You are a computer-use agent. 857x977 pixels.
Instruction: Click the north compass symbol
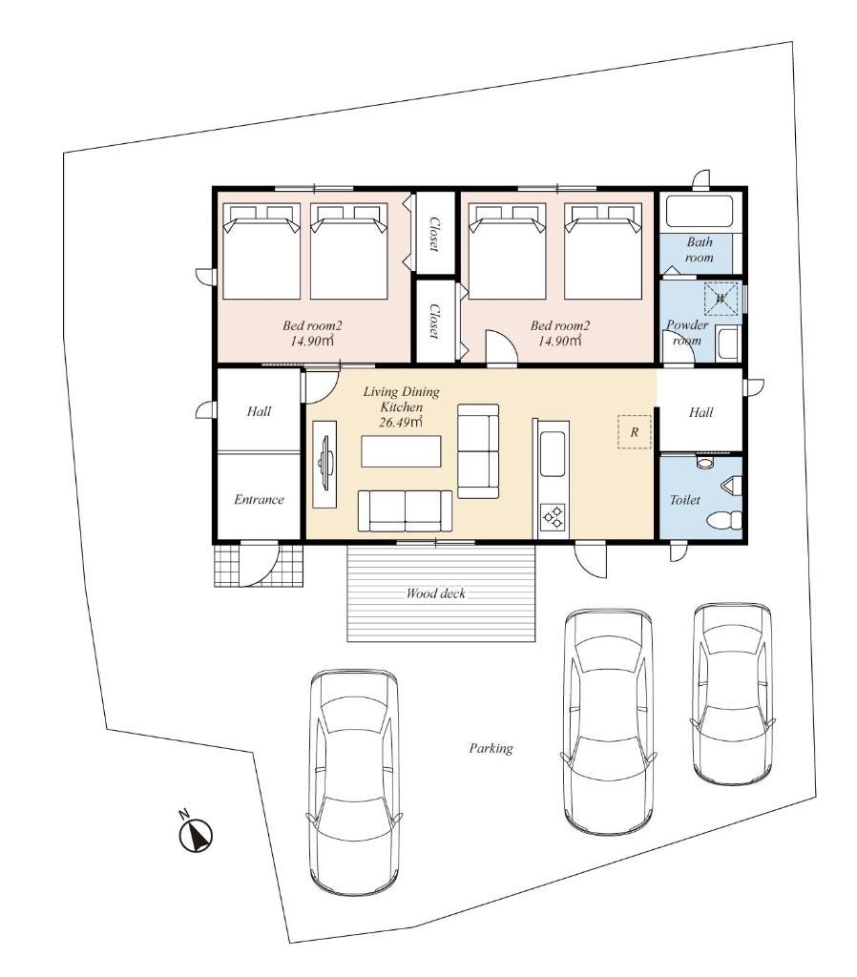pyautogui.click(x=196, y=833)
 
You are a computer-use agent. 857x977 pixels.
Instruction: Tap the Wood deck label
pyautogui.click(x=436, y=593)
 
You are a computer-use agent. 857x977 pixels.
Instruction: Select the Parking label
pyautogui.click(x=491, y=748)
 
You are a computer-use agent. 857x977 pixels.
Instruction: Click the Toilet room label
pyautogui.click(x=685, y=500)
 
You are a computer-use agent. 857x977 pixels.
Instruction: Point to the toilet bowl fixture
pyautogui.click(x=725, y=518)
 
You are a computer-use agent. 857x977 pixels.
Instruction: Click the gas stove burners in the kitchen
pyautogui.click(x=553, y=516)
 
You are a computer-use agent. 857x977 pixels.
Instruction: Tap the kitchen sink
pyautogui.click(x=553, y=453)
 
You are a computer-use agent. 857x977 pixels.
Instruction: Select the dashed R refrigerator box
pyautogui.click(x=635, y=432)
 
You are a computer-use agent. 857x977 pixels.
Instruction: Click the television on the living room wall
pyautogui.click(x=324, y=465)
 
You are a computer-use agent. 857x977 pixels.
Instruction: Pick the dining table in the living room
pyautogui.click(x=401, y=451)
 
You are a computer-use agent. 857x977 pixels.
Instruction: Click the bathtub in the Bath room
pyautogui.click(x=700, y=212)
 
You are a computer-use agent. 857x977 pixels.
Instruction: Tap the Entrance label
pyautogui.click(x=259, y=500)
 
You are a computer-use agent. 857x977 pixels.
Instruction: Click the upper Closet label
pyautogui.click(x=434, y=235)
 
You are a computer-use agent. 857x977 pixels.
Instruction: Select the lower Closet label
pyautogui.click(x=434, y=322)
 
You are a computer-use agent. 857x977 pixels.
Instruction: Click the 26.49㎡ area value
pyautogui.click(x=402, y=423)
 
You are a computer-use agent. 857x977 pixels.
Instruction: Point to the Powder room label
pyautogui.click(x=687, y=333)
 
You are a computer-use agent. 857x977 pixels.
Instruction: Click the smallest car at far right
pyautogui.click(x=732, y=694)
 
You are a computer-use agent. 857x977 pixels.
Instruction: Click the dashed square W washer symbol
pyautogui.click(x=721, y=299)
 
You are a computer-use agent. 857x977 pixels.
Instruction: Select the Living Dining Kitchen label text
pyautogui.click(x=402, y=400)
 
